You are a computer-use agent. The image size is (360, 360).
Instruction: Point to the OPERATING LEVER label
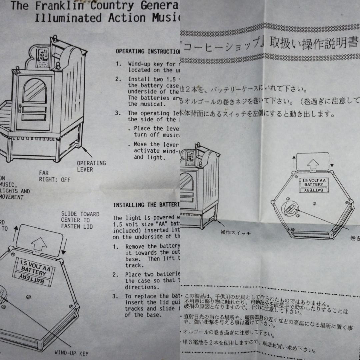click(x=91, y=166)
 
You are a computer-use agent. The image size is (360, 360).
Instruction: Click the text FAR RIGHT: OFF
click(x=55, y=176)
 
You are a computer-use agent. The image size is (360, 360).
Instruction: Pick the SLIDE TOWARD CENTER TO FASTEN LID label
click(x=80, y=220)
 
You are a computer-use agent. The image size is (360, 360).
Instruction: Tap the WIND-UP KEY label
click(x=71, y=353)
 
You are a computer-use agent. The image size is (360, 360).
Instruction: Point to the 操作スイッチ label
click(x=235, y=233)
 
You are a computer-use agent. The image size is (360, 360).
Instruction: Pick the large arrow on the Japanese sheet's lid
click(x=313, y=164)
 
